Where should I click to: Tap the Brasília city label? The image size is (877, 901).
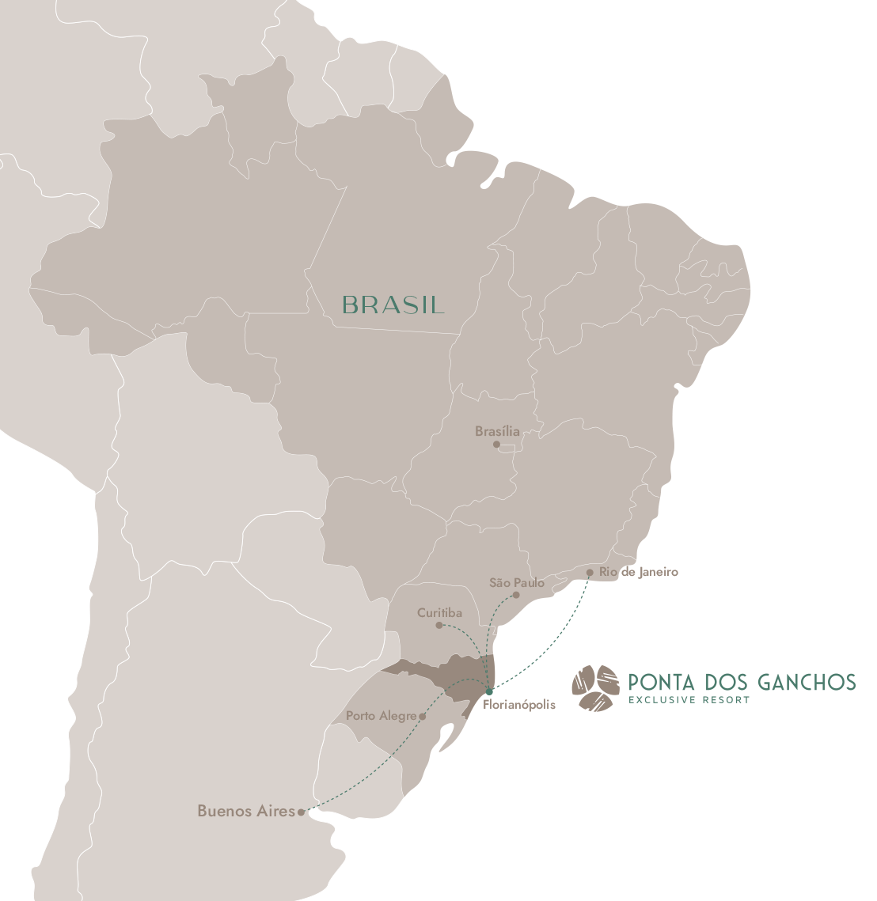point(497,432)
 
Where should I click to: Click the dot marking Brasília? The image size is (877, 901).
point(497,445)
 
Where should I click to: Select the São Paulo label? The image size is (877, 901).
point(517,583)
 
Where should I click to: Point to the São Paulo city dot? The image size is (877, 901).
point(516,595)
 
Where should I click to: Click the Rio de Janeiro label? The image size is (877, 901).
point(639,572)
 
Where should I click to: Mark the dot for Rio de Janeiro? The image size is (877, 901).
point(590,572)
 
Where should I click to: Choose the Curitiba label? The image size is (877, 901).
point(439,613)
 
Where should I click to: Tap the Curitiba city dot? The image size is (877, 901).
point(439,625)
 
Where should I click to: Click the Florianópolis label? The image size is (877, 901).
point(518,704)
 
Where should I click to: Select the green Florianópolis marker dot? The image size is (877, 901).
point(489,691)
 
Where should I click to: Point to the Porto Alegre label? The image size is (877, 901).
point(381,716)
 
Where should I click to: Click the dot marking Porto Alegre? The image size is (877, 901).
point(423,716)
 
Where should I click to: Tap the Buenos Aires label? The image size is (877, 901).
point(245,811)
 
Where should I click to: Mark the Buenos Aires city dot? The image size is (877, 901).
point(301,812)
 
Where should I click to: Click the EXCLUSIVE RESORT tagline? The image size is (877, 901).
point(688,699)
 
